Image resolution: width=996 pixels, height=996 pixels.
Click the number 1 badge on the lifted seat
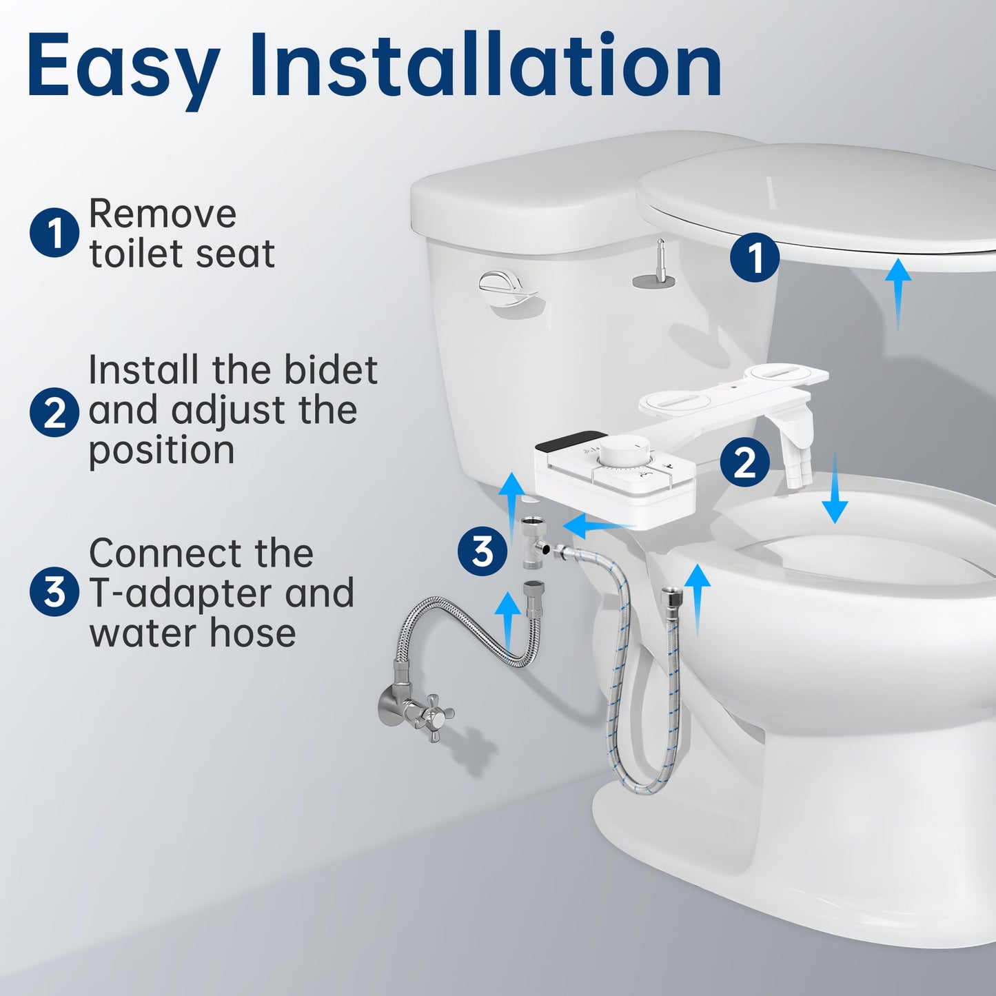tap(755, 258)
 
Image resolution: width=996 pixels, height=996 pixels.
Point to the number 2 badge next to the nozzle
tap(744, 462)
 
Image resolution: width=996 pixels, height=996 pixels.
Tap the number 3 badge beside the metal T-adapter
tap(482, 551)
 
